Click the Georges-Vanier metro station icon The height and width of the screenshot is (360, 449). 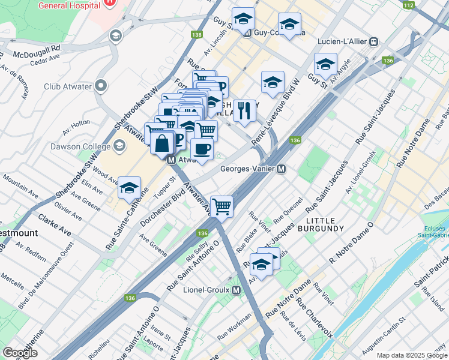[280, 169]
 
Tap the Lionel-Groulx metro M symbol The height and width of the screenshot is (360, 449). [236, 290]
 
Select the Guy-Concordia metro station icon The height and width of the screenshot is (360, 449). [247, 33]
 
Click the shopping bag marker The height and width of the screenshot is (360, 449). [163, 144]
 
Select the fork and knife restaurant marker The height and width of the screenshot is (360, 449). [244, 111]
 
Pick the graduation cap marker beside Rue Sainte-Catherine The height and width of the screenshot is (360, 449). [129, 188]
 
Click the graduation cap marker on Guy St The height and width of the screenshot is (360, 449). [325, 64]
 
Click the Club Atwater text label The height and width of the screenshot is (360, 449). [67, 86]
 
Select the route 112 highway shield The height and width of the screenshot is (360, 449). [409, 5]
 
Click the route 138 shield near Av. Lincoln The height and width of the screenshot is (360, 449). [196, 35]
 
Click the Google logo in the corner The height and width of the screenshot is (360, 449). [20, 353]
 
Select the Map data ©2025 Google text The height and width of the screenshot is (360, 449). [411, 355]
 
